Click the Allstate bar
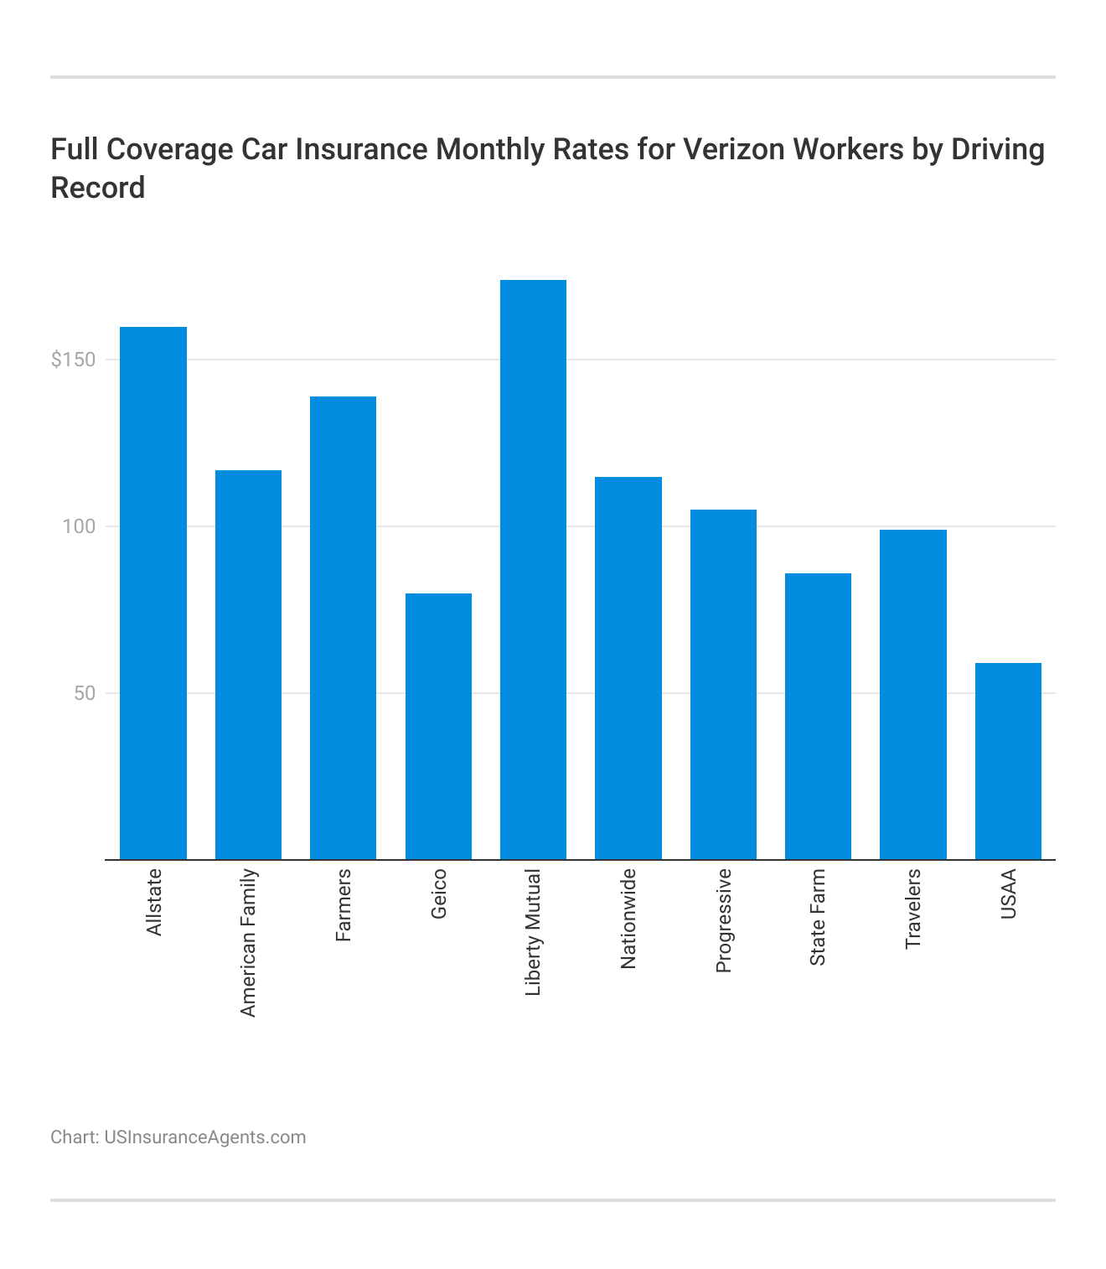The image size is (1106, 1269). pos(153,593)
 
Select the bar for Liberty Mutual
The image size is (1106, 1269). pos(533,570)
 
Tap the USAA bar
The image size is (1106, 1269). pos(1008,761)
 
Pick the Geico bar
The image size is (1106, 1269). pos(438,726)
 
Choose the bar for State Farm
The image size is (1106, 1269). pos(818,716)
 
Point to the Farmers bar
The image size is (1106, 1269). pos(343,628)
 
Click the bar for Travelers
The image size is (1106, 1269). pos(912,694)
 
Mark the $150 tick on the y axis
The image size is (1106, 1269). pos(73,360)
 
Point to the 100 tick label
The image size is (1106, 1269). pos(80,526)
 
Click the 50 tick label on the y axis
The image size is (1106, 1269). pos(84,693)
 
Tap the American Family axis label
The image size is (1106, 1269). pos(248,943)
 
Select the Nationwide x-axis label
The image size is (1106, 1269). pos(628,919)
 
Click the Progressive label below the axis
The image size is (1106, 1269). pos(723,920)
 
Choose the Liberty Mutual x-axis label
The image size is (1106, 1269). pos(533,932)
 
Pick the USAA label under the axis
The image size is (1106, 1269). pos(1008,893)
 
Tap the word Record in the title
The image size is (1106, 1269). pos(98,188)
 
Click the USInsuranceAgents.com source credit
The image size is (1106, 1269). pos(204,1137)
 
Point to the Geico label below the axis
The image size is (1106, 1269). pos(438,893)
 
